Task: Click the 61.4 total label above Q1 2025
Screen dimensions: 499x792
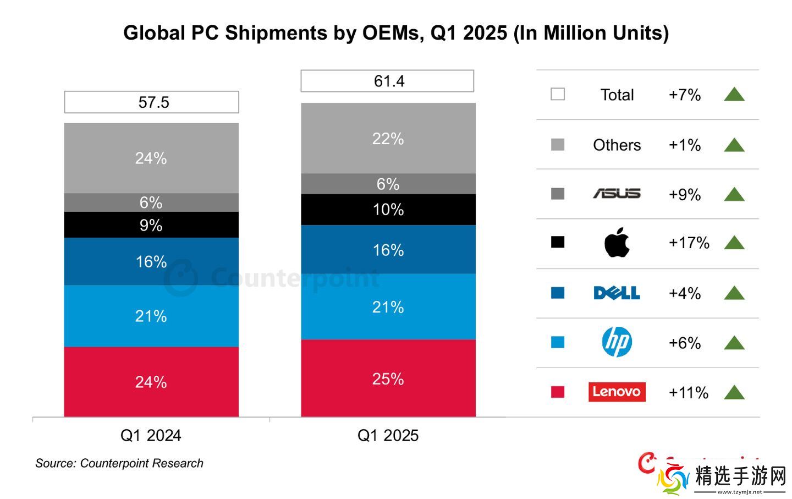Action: point(388,81)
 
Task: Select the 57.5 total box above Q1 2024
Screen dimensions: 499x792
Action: point(152,102)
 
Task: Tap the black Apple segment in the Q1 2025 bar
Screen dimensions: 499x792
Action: point(388,210)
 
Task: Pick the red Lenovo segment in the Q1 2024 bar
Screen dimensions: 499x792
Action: point(151,382)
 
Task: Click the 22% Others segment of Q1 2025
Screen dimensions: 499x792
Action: point(388,139)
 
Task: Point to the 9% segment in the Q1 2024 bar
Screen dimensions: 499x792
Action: point(151,225)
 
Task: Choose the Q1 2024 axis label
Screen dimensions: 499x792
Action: point(151,436)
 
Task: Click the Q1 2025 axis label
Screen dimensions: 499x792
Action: point(388,436)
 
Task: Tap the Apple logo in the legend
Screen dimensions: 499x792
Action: point(617,242)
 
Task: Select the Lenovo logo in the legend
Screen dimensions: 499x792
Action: point(617,392)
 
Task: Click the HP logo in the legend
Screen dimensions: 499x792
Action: point(617,342)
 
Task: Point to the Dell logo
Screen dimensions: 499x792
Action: point(617,293)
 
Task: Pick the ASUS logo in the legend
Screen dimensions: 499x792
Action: point(617,194)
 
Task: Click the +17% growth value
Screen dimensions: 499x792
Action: point(689,243)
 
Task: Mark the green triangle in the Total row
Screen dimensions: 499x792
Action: point(734,95)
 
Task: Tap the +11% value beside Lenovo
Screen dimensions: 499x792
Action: point(688,393)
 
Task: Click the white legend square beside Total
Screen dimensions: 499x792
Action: point(558,94)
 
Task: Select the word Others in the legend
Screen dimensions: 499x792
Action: point(617,145)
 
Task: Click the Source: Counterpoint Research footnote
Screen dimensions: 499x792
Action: point(119,463)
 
